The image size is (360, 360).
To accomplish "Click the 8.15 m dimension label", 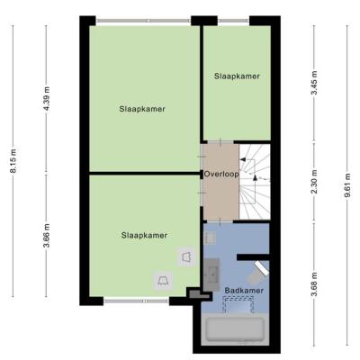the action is click(x=13, y=160).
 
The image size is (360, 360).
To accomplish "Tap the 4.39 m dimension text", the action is click(x=47, y=98).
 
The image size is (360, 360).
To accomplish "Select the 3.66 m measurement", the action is click(x=47, y=236).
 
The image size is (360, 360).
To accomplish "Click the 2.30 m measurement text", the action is click(x=314, y=182).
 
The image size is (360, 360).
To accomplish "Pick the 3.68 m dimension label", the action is click(x=314, y=283).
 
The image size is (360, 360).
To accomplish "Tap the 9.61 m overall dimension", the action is click(x=347, y=185).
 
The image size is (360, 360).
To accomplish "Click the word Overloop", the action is click(x=221, y=175).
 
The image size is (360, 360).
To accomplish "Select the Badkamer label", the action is click(x=244, y=291).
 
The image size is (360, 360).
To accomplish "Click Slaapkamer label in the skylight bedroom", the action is click(x=144, y=236).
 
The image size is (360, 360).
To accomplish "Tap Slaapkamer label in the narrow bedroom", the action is click(x=237, y=76).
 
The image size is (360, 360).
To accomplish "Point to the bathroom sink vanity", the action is click(x=212, y=274).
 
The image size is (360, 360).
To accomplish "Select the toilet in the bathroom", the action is click(x=258, y=273).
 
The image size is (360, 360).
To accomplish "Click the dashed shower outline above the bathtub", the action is click(x=238, y=304).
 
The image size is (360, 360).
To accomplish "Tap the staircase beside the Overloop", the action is click(x=255, y=182).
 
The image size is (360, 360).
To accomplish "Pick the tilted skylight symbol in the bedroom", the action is click(x=186, y=257).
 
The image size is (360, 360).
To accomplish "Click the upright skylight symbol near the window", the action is click(x=164, y=281).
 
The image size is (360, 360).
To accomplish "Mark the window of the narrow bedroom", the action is click(x=233, y=21).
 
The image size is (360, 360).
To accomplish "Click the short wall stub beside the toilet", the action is click(x=253, y=257).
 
